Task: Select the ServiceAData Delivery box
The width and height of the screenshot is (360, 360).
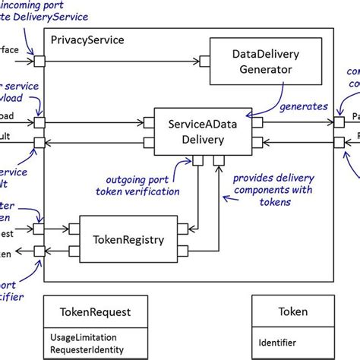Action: (x=203, y=130)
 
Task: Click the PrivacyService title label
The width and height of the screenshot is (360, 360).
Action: (x=87, y=39)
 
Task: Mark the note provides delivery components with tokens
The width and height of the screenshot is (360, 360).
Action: (x=267, y=190)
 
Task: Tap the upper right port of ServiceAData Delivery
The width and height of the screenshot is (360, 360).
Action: (x=257, y=122)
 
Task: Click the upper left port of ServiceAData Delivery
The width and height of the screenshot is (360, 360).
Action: (x=149, y=122)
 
